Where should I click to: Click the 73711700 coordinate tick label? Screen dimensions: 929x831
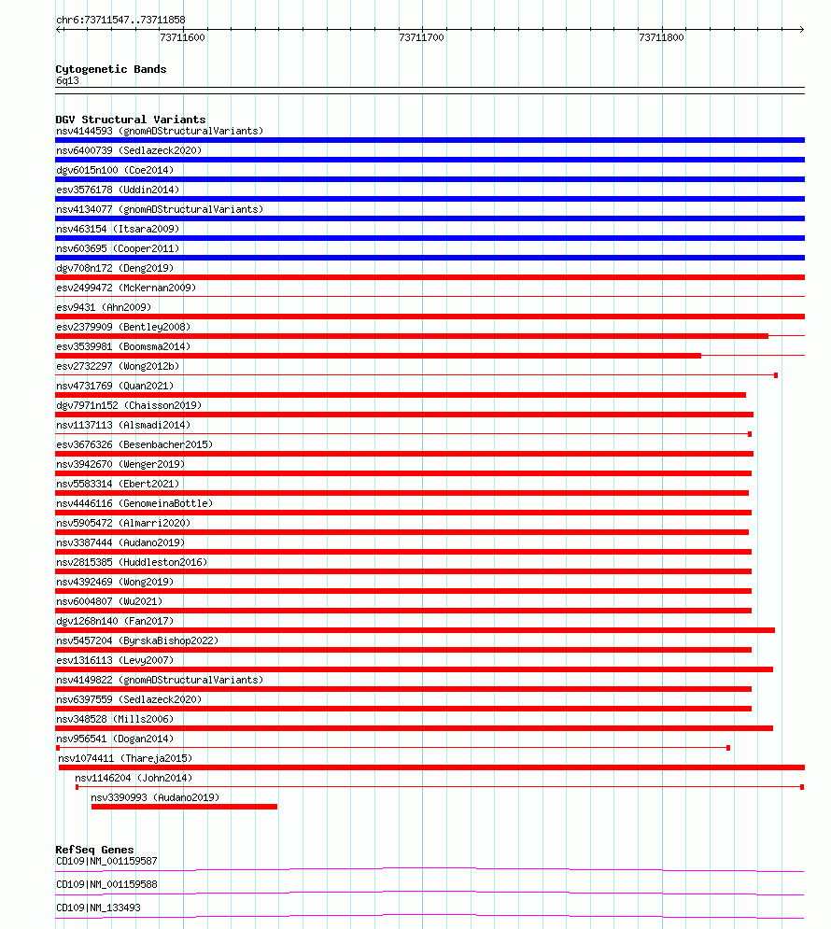point(421,37)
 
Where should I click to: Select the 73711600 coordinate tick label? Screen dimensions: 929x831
point(182,37)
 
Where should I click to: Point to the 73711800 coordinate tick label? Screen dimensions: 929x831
point(661,37)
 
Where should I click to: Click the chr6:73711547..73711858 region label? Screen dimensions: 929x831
point(120,20)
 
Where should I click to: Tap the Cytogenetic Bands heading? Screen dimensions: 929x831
point(111,69)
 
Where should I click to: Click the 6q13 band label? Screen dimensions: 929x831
point(67,80)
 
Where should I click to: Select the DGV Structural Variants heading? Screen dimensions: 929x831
point(131,120)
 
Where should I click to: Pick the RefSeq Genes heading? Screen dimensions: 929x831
point(94,850)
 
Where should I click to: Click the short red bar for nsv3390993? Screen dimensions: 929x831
point(184,807)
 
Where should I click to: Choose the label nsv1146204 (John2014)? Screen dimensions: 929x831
point(134,778)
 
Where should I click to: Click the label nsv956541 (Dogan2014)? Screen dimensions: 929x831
point(115,739)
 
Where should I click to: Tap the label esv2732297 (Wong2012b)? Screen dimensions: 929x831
point(118,366)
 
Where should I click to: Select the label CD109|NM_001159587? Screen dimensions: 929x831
point(106,861)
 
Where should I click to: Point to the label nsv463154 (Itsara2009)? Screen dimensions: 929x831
point(118,229)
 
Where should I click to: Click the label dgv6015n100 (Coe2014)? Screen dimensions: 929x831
point(115,170)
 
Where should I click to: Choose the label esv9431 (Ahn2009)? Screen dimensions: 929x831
point(104,307)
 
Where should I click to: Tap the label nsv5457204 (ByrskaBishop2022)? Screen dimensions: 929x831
point(138,640)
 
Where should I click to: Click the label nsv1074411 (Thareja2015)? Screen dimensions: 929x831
point(125,758)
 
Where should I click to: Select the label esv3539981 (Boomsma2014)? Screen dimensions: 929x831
point(123,346)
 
